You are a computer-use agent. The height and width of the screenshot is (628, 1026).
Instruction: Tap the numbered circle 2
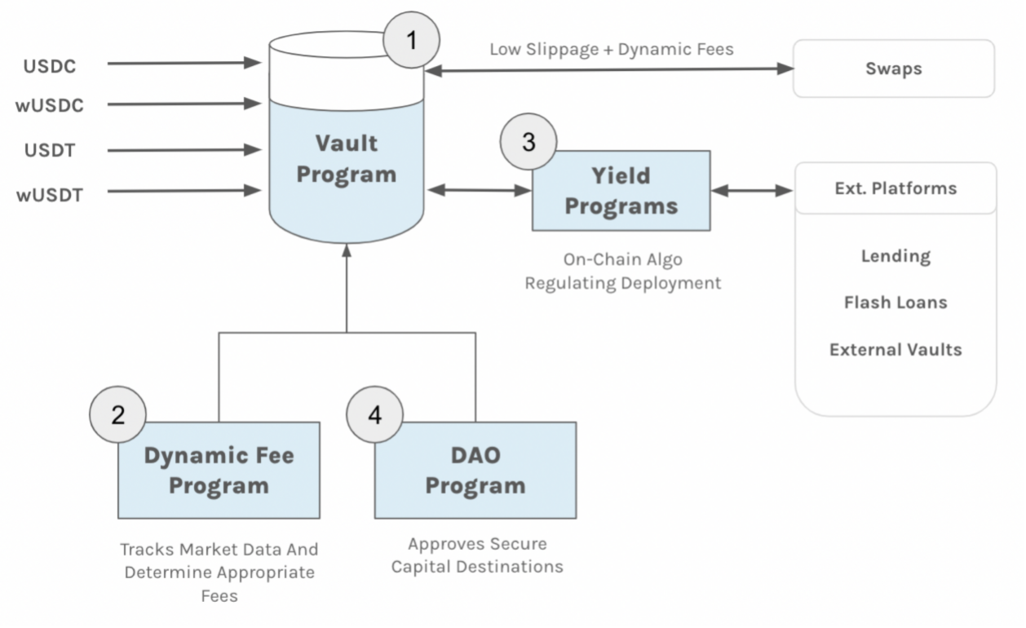pyautogui.click(x=118, y=414)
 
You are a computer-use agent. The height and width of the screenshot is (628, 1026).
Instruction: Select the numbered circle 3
pyautogui.click(x=528, y=142)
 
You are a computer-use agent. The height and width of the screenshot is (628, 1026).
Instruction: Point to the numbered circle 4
pyautogui.click(x=375, y=414)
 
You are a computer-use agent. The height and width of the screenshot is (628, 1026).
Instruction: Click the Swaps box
pyautogui.click(x=893, y=69)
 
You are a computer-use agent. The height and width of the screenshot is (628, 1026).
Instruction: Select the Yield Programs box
pyautogui.click(x=621, y=191)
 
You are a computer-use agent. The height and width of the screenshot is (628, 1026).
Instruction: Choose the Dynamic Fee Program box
pyautogui.click(x=219, y=470)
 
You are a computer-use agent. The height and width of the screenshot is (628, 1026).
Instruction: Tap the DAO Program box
pyautogui.click(x=475, y=470)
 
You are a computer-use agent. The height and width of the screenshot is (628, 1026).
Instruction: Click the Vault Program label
pyautogui.click(x=346, y=158)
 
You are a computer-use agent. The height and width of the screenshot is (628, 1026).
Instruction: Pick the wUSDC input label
pyautogui.click(x=50, y=105)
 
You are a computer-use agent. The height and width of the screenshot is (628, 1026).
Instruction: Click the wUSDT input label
pyautogui.click(x=50, y=195)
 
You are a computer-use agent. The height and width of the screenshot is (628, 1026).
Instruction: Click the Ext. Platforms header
pyautogui.click(x=896, y=188)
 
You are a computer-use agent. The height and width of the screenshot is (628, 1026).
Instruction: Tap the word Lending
pyautogui.click(x=896, y=256)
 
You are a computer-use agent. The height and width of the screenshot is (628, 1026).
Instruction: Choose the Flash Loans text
pyautogui.click(x=896, y=303)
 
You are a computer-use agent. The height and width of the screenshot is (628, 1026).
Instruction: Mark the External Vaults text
pyautogui.click(x=896, y=350)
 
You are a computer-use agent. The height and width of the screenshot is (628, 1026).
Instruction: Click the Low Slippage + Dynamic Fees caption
pyautogui.click(x=611, y=49)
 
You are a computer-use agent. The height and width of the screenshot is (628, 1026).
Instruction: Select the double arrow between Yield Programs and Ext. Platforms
pyautogui.click(x=751, y=191)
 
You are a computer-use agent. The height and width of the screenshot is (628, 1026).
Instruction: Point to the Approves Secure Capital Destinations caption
pyautogui.click(x=477, y=555)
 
